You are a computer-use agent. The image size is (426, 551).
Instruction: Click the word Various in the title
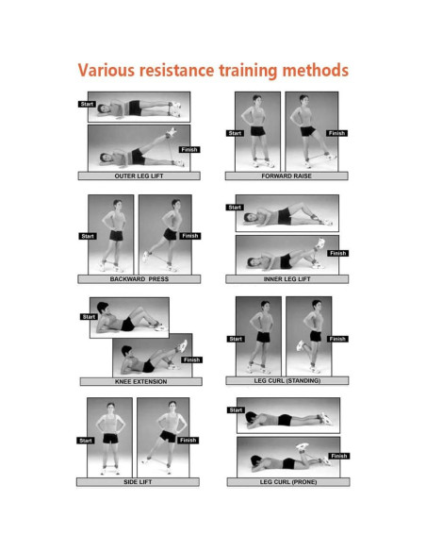click(x=106, y=70)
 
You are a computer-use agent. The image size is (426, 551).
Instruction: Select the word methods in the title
click(x=316, y=70)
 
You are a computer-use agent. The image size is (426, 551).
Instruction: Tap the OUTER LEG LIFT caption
click(x=139, y=175)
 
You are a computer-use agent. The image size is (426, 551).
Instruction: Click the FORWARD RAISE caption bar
click(x=287, y=175)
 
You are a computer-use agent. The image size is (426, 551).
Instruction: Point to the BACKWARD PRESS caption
click(x=139, y=279)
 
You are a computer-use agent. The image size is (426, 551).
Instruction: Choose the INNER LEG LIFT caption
click(x=287, y=279)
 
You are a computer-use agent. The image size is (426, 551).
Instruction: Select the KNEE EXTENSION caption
click(x=141, y=381)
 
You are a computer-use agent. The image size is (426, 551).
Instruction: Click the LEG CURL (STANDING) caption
click(x=287, y=380)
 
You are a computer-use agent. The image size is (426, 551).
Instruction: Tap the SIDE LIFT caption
click(x=138, y=482)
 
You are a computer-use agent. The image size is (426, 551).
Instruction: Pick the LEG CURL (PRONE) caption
click(x=288, y=482)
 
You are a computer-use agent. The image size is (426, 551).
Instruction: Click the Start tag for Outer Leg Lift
click(x=87, y=104)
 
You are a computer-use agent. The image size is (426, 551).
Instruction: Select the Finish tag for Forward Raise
click(x=336, y=133)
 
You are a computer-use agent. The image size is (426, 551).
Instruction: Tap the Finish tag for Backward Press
click(x=190, y=236)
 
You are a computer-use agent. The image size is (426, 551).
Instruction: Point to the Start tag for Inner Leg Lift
click(x=235, y=208)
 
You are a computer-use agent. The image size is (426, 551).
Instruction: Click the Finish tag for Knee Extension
click(x=191, y=359)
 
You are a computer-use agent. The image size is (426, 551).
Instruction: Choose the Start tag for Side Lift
click(x=86, y=441)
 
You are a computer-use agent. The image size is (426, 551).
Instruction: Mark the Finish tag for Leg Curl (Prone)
click(x=339, y=456)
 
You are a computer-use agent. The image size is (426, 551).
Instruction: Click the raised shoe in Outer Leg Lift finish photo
click(x=172, y=132)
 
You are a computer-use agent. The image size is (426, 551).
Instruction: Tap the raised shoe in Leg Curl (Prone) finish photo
click(x=302, y=446)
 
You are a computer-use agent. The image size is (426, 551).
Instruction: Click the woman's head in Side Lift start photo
click(x=110, y=408)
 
